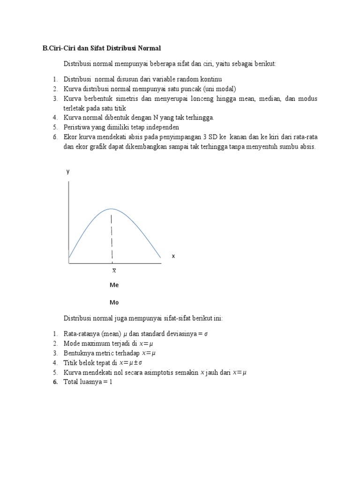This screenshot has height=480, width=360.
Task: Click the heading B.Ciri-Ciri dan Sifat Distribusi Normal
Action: [x=102, y=48]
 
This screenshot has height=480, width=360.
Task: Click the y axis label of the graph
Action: [x=68, y=172]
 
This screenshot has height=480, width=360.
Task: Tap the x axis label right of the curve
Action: [x=173, y=256]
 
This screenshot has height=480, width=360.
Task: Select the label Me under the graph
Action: [x=114, y=285]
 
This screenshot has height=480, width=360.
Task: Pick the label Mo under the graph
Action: [x=114, y=302]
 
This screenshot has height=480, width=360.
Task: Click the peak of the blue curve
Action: [x=112, y=209]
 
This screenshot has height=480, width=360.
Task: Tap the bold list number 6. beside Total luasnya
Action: [x=55, y=382]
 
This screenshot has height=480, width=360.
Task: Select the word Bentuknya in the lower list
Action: [x=77, y=353]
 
